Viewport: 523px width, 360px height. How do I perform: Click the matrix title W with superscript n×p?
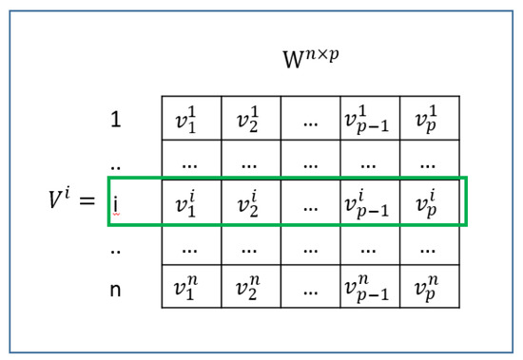(310, 59)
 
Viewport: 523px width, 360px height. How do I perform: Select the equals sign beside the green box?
(87, 201)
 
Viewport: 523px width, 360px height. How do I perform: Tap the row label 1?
(116, 120)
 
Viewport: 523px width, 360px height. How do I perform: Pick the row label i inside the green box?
(116, 202)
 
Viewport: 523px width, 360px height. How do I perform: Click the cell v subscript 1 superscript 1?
(190, 119)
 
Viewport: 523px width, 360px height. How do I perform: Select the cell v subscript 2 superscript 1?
(250, 119)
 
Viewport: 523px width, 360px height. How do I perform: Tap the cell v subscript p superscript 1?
(428, 119)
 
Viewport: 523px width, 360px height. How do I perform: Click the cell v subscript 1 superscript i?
(190, 202)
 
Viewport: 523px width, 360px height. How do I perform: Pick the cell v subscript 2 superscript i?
(250, 202)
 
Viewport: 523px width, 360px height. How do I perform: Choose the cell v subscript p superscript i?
(428, 202)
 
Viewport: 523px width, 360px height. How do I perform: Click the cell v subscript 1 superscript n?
(190, 287)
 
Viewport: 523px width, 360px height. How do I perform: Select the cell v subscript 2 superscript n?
(250, 287)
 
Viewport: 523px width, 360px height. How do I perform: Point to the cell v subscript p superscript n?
(428, 287)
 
